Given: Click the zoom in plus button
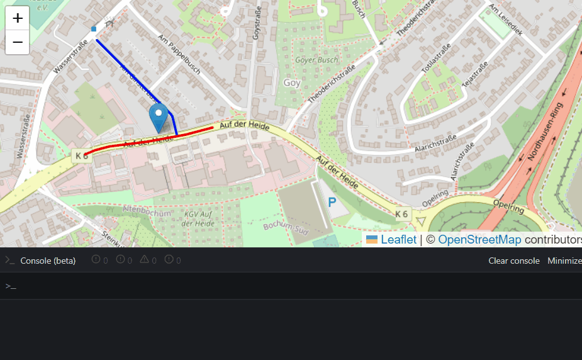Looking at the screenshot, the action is point(18,18).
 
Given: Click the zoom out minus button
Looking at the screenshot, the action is point(18,42).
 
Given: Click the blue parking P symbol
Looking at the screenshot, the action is point(332,203).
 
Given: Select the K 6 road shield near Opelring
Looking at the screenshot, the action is point(402,215).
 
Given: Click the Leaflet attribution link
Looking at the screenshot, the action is point(398,240).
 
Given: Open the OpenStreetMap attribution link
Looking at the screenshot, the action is point(479,240).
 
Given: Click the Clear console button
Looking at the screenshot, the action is point(513,261).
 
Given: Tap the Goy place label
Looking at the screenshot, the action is point(292,82).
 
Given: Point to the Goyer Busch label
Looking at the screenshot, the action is point(316,60).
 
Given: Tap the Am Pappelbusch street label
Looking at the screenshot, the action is point(179,54).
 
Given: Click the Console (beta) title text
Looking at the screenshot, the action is point(48,261).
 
